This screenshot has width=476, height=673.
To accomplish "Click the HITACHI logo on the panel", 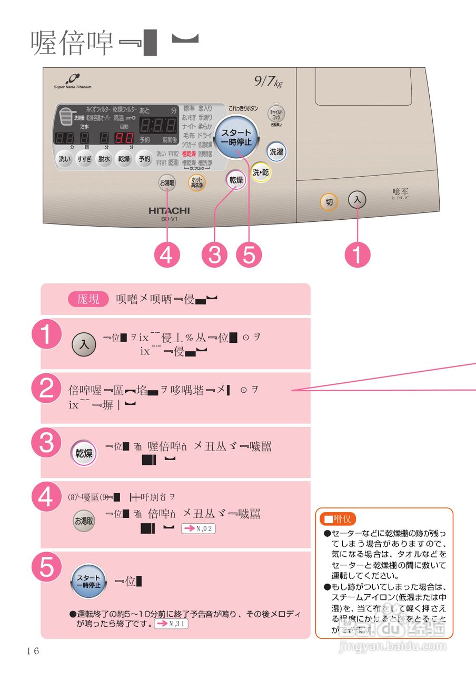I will (168, 210).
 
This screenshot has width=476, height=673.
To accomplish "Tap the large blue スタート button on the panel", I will (236, 138).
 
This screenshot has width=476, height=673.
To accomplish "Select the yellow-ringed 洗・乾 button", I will (260, 172).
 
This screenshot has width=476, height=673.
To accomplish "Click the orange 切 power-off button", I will (329, 202).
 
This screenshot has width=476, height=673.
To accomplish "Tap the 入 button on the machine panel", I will (358, 200).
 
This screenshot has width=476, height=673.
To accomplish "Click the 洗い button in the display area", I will (64, 159).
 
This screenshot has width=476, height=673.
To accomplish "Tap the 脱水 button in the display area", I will (104, 159).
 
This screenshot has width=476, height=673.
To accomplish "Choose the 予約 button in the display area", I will (144, 159).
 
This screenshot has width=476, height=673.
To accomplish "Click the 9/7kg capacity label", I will (268, 82).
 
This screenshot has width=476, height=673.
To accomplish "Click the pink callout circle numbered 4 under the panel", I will (167, 256).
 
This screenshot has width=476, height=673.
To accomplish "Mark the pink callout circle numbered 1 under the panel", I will (358, 256).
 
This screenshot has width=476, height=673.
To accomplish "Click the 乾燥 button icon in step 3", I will (84, 453).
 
